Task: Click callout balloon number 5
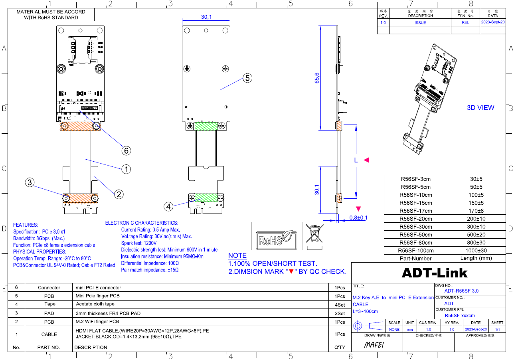[x=247, y=78]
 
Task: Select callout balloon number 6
[x=126, y=150]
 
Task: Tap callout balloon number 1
[x=126, y=169]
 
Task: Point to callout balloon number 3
[x=30, y=182]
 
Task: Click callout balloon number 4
[x=169, y=206]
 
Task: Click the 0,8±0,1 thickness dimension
[x=358, y=218]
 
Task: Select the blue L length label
[x=356, y=160]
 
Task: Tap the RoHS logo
[x=277, y=239]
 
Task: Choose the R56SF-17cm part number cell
[x=416, y=211]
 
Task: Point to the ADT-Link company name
[x=434, y=273]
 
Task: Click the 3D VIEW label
[x=480, y=108]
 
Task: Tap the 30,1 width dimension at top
[x=206, y=17]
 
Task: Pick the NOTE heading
[x=237, y=255]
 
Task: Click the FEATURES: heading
[x=26, y=225]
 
